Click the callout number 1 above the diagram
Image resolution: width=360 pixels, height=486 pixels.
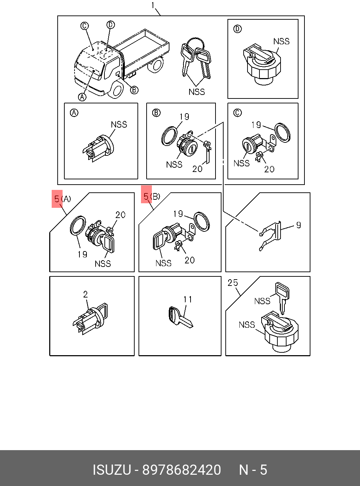click(x=153, y=5)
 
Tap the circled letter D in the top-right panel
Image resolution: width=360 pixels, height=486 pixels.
click(x=238, y=29)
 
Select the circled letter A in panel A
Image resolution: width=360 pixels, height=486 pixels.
click(x=74, y=113)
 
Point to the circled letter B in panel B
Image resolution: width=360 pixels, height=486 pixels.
click(x=156, y=113)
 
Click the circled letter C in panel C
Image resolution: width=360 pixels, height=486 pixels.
click(x=238, y=113)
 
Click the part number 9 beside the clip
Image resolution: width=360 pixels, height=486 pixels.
click(x=298, y=225)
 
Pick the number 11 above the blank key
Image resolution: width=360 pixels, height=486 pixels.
click(x=188, y=299)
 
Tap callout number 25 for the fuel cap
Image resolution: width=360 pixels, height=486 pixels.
click(x=233, y=283)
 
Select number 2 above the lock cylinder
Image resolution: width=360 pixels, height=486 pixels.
click(x=85, y=294)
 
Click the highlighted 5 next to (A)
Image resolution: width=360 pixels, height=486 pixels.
click(x=57, y=199)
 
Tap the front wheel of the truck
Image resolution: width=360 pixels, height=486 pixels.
click(x=116, y=89)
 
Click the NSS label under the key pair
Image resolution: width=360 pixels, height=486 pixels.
click(x=197, y=92)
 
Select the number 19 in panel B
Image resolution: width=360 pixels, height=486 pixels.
click(x=184, y=117)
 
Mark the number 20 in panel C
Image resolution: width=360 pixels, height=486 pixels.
click(x=269, y=169)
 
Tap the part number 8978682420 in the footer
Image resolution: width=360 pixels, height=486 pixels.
click(x=181, y=470)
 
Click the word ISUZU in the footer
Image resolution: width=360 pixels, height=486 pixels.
click(x=112, y=470)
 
